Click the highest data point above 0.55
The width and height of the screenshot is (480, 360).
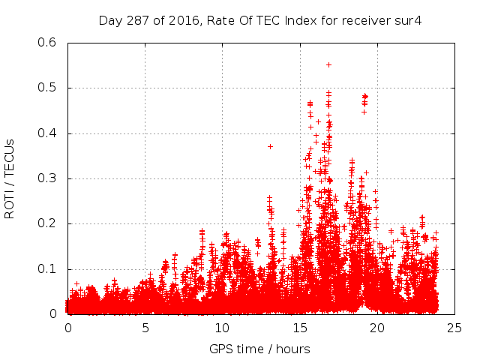click(x=328, y=64)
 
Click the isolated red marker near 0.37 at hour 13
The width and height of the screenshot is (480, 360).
click(x=270, y=146)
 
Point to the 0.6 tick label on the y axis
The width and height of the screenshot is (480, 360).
click(x=47, y=43)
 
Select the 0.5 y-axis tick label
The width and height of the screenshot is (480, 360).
click(x=47, y=88)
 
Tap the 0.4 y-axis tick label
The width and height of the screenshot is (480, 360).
click(x=47, y=133)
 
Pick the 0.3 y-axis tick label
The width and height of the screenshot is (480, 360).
click(x=47, y=178)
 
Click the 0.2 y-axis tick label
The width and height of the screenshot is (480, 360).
click(x=47, y=223)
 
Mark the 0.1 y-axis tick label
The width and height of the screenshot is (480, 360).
click(x=47, y=268)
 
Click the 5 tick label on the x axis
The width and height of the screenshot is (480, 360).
click(x=145, y=328)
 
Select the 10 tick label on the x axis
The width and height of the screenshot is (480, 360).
click(x=223, y=328)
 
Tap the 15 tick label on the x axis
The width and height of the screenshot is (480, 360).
click(x=300, y=328)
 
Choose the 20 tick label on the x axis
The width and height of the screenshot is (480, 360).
click(x=377, y=328)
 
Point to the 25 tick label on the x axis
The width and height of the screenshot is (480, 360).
click(x=454, y=328)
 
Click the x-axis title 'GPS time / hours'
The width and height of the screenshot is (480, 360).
click(x=259, y=349)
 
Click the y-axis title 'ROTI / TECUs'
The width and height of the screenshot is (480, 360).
click(x=10, y=178)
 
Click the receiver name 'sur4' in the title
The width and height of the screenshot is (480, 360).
click(x=409, y=20)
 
